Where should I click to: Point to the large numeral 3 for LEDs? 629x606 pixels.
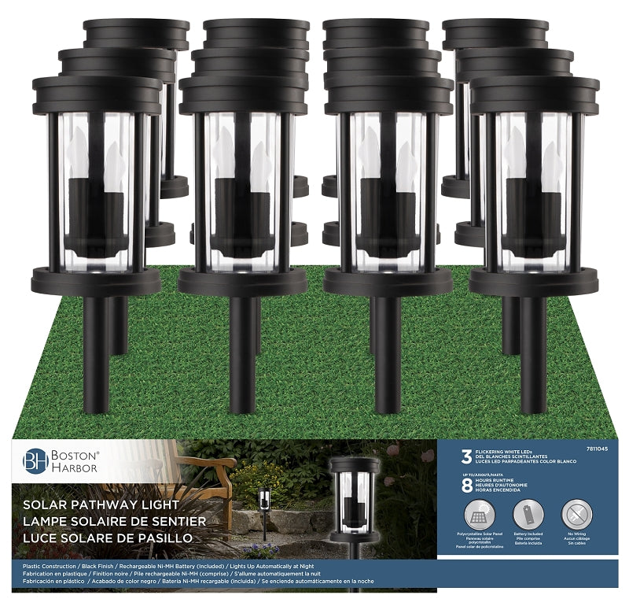pos(466,455)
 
